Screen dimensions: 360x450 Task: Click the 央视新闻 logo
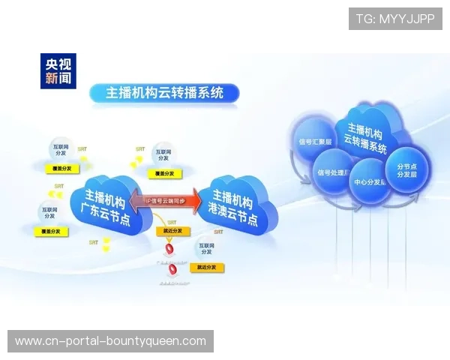(x=58, y=69)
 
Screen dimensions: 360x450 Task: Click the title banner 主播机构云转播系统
(x=164, y=93)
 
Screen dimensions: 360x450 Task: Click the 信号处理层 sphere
(x=333, y=174)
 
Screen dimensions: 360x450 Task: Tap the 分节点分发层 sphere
(x=406, y=170)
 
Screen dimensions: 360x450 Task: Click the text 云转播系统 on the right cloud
(x=366, y=139)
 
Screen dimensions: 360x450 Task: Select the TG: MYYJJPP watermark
(x=395, y=19)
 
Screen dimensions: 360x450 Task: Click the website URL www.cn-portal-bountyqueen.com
(x=111, y=341)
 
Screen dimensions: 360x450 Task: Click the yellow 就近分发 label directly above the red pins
(x=171, y=232)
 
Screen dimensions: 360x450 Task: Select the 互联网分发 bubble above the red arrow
(x=163, y=154)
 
